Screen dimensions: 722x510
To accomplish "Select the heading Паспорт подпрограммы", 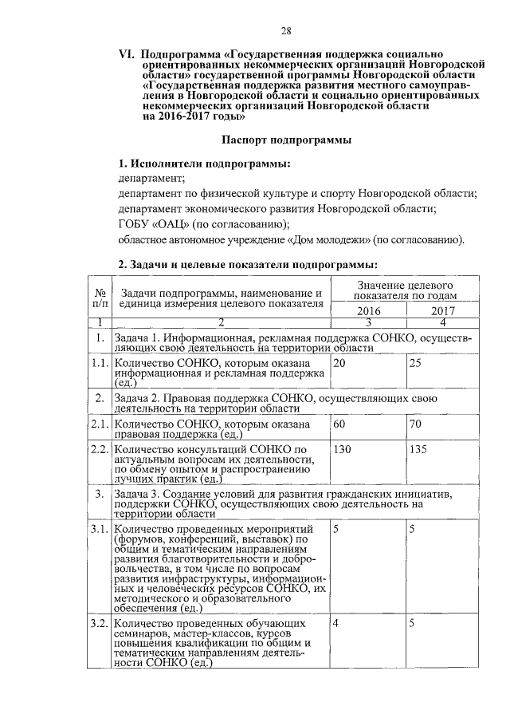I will pyautogui.click(x=287, y=140).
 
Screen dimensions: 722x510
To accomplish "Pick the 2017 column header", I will pyautogui.click(x=442, y=311).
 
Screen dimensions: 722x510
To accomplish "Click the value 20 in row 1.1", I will pyautogui.click(x=339, y=364).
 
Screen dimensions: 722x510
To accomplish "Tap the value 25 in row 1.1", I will pyautogui.click(x=414, y=364).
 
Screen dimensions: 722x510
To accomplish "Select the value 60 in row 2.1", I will pyautogui.click(x=339, y=424).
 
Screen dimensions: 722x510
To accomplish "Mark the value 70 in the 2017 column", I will pyautogui.click(x=414, y=424).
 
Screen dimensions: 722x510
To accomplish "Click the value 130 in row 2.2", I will pyautogui.click(x=343, y=449).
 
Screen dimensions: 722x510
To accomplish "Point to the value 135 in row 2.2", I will pyautogui.click(x=418, y=449).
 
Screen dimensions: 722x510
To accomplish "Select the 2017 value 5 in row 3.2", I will pyautogui.click(x=412, y=624).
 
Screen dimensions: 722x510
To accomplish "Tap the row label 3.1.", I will pyautogui.click(x=99, y=530).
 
